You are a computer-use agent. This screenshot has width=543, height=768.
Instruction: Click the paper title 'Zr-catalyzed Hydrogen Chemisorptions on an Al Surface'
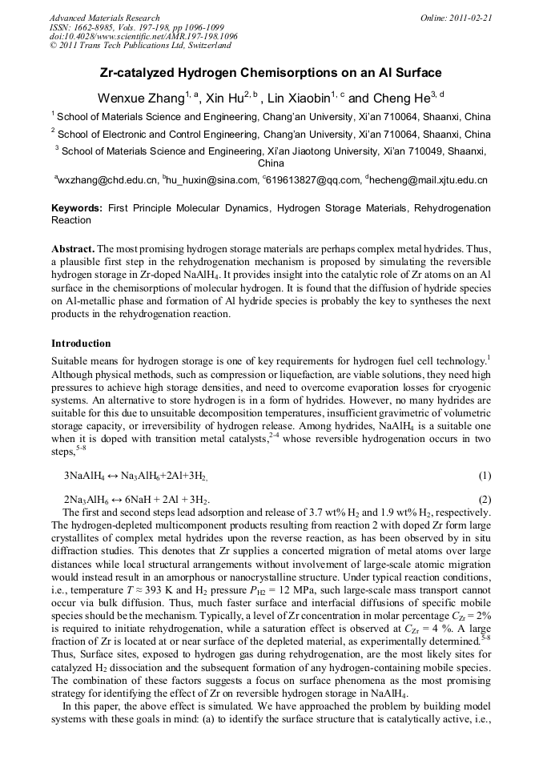[x=271, y=73]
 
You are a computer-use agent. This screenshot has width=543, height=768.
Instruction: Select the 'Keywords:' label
[x=78, y=208]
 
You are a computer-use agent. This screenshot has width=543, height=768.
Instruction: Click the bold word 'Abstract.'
[x=74, y=248]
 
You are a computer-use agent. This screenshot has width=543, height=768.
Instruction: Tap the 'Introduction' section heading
[x=81, y=344]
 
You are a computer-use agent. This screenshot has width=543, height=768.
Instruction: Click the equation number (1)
[x=485, y=476]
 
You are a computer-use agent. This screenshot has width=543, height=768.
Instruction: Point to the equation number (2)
[x=485, y=500]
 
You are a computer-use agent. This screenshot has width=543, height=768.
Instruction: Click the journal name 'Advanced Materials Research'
[x=104, y=18]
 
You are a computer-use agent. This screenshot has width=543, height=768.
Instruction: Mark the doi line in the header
[x=143, y=36]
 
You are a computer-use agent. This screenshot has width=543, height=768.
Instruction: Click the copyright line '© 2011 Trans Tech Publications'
[x=132, y=46]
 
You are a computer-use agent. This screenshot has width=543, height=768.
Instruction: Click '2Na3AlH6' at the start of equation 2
[x=87, y=501]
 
